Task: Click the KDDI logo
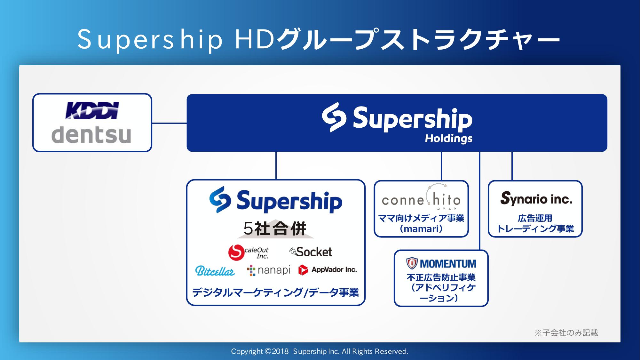92,110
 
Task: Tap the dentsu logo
91,135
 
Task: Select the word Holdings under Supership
448,139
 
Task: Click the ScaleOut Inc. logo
248,252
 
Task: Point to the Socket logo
311,252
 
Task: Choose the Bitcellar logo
215,271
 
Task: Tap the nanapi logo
269,270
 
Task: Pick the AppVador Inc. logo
328,270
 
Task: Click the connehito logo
421,197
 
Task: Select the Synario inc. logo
536,198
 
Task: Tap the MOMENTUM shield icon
412,263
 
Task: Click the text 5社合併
275,228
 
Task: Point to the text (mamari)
421,229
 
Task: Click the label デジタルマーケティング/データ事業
275,292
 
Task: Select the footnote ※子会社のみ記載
566,333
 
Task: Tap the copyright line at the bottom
320,351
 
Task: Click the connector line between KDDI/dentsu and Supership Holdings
169,123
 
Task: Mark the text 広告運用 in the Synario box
535,218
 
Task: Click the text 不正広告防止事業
441,277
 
